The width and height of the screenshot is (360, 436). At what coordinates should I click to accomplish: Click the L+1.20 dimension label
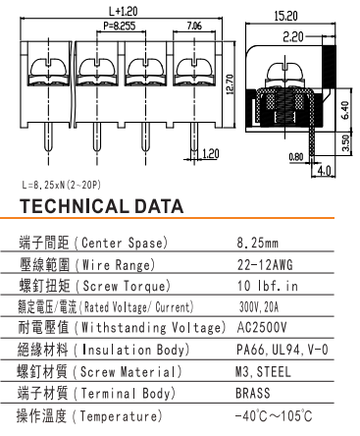pos(123,12)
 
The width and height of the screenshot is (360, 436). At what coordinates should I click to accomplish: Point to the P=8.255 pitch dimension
pos(120,26)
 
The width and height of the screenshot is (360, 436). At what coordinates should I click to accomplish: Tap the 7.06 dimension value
pos(194,26)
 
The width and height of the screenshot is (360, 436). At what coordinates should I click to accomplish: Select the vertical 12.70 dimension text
pos(230,84)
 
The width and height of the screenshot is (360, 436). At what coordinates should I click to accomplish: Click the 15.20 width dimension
pos(286,16)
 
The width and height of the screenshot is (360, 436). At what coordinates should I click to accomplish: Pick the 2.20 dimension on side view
pos(293,37)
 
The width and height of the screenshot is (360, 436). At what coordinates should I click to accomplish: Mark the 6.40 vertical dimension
pos(345,110)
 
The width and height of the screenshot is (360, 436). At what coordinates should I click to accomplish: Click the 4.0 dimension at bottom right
pos(324,171)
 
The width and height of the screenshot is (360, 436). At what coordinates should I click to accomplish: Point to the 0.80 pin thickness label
pos(296,157)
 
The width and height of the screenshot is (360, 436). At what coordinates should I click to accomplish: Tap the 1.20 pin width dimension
pos(210,153)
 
